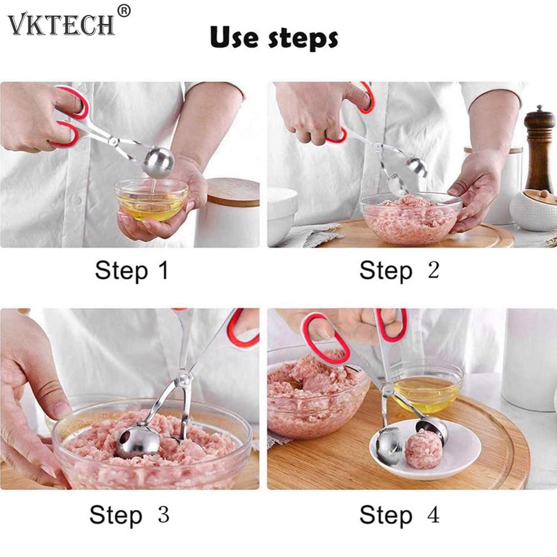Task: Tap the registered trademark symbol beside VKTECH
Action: point(124,11)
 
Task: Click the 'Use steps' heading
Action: point(274,38)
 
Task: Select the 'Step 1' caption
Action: point(131,270)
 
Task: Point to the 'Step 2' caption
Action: point(399,270)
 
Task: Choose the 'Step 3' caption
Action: point(129,515)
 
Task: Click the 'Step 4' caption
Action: point(399,515)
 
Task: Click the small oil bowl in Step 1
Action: point(151,200)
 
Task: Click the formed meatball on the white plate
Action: point(423,448)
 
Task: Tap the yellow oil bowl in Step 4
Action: point(426,387)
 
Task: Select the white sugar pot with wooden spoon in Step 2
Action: point(533,210)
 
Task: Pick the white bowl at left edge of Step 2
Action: point(282,214)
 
